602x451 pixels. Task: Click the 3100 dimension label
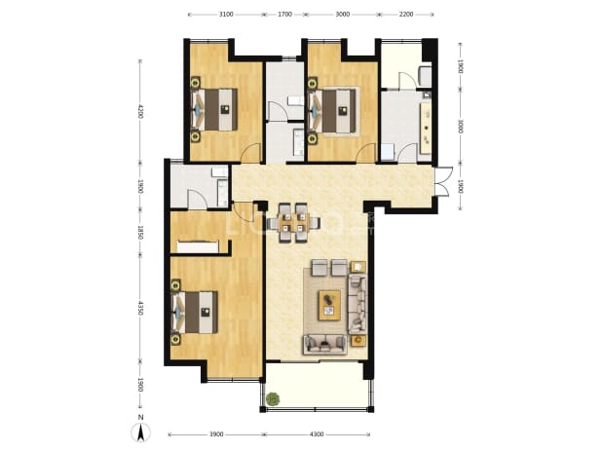tap(226, 15)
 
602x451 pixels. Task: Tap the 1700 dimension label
tap(284, 15)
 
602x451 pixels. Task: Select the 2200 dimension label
tap(406, 15)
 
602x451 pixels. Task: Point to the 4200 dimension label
tap(140, 111)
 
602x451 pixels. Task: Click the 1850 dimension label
tap(140, 233)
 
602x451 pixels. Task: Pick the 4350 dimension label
tap(140, 308)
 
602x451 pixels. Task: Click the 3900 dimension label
tap(216, 434)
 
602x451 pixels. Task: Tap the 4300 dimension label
tap(316, 434)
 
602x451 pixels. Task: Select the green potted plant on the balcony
tap(274, 399)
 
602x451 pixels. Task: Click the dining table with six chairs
tap(294, 223)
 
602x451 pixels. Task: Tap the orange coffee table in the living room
tap(329, 305)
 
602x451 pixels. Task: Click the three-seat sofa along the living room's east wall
tap(357, 304)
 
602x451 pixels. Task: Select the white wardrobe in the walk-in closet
tap(198, 246)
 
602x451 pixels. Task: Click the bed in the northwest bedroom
tap(214, 109)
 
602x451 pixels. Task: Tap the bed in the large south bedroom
tap(195, 312)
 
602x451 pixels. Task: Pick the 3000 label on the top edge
tap(343, 15)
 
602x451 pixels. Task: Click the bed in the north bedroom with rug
tap(332, 110)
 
